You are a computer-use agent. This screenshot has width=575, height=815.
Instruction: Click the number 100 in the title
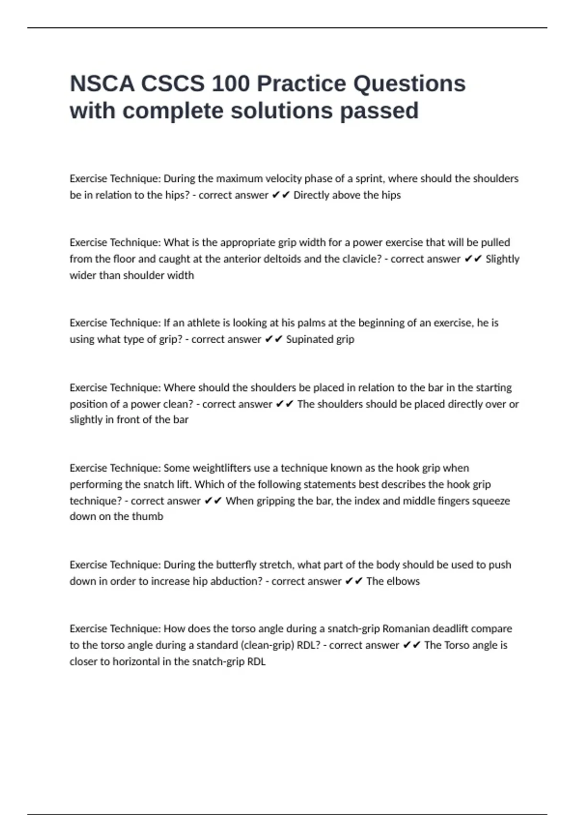[230, 84]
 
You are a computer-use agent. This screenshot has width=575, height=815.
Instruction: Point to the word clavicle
[360, 259]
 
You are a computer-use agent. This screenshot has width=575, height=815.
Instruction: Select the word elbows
[403, 581]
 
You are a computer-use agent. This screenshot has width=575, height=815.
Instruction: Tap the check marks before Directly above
[281, 195]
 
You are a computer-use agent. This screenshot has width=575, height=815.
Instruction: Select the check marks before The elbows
[354, 581]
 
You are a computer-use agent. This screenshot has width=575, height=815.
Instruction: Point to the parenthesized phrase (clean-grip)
[263, 645]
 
